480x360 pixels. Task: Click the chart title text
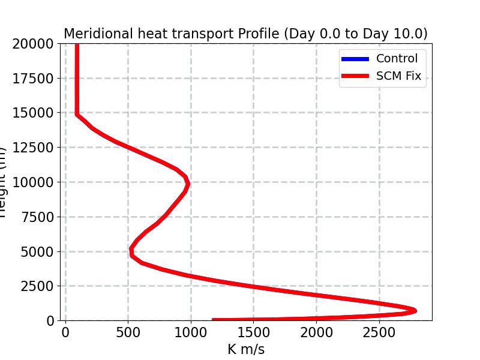[245, 34]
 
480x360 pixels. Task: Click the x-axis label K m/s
[245, 349]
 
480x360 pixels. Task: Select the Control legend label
[397, 59]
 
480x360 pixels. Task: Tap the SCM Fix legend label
[399, 76]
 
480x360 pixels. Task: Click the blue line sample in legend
[355, 59]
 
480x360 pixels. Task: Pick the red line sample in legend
[355, 76]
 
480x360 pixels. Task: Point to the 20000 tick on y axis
[35, 44]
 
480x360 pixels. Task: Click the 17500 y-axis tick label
[35, 79]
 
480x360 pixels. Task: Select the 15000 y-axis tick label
[35, 113]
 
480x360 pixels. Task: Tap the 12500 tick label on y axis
[35, 148]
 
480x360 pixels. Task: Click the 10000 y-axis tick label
[35, 182]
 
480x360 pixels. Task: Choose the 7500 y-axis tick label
[38, 217]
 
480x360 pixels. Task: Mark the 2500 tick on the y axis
[38, 286]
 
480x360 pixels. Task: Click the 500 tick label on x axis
[128, 332]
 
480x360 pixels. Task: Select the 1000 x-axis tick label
[191, 332]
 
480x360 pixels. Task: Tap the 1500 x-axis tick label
[253, 332]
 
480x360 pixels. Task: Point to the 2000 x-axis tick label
[316, 332]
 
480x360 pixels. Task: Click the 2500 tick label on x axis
[379, 332]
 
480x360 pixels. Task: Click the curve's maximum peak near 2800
[414, 310]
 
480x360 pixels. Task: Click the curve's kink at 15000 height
[77, 113]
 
